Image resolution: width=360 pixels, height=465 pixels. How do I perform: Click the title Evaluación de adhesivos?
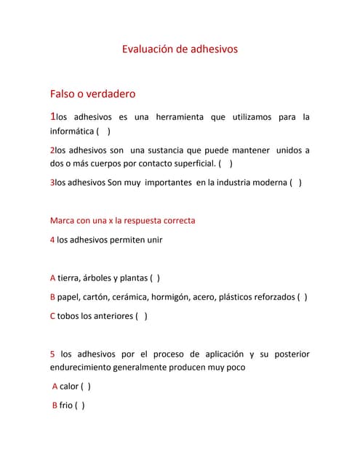(179, 49)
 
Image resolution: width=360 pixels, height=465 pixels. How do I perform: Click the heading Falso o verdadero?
(92, 94)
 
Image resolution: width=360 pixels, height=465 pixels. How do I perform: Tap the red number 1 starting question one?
(52, 116)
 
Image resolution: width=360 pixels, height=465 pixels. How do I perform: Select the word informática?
(71, 132)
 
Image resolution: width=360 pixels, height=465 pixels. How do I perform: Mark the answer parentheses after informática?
(103, 132)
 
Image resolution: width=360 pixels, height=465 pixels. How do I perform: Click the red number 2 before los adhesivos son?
(52, 150)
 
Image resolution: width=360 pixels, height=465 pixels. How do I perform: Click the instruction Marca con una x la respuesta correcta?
(122, 220)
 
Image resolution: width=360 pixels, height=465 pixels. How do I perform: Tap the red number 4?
(52, 239)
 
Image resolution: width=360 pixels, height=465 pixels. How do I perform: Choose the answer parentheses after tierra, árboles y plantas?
(155, 278)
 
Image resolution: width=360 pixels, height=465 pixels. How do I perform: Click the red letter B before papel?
(52, 296)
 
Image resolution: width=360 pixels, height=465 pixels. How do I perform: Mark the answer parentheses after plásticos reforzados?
(302, 296)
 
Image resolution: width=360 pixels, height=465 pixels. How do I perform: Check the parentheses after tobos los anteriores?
(142, 316)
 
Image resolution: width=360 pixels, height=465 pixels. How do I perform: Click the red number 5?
(52, 354)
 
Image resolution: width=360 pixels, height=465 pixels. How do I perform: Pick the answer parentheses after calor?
(86, 387)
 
